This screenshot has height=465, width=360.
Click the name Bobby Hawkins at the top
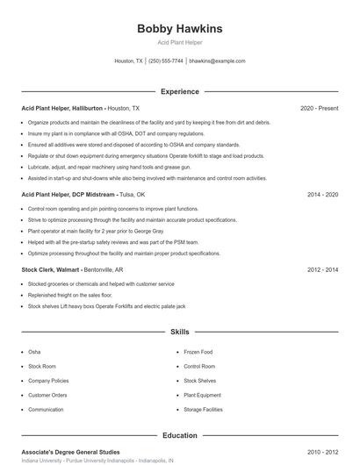coord(180,29)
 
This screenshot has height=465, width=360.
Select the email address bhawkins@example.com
coord(217,61)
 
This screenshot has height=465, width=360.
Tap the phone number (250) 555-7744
coord(166,61)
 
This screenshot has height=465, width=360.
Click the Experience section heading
coord(180,91)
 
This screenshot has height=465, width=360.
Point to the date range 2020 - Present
coord(319,108)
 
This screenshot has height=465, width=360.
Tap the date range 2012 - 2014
coord(322,270)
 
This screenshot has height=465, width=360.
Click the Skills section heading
coord(180,333)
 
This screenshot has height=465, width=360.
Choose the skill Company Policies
coord(49,381)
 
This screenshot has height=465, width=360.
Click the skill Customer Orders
coord(47,396)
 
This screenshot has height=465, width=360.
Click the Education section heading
coord(180,435)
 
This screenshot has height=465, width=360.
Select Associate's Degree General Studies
coord(72,452)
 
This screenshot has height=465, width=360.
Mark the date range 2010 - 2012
coord(322,452)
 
